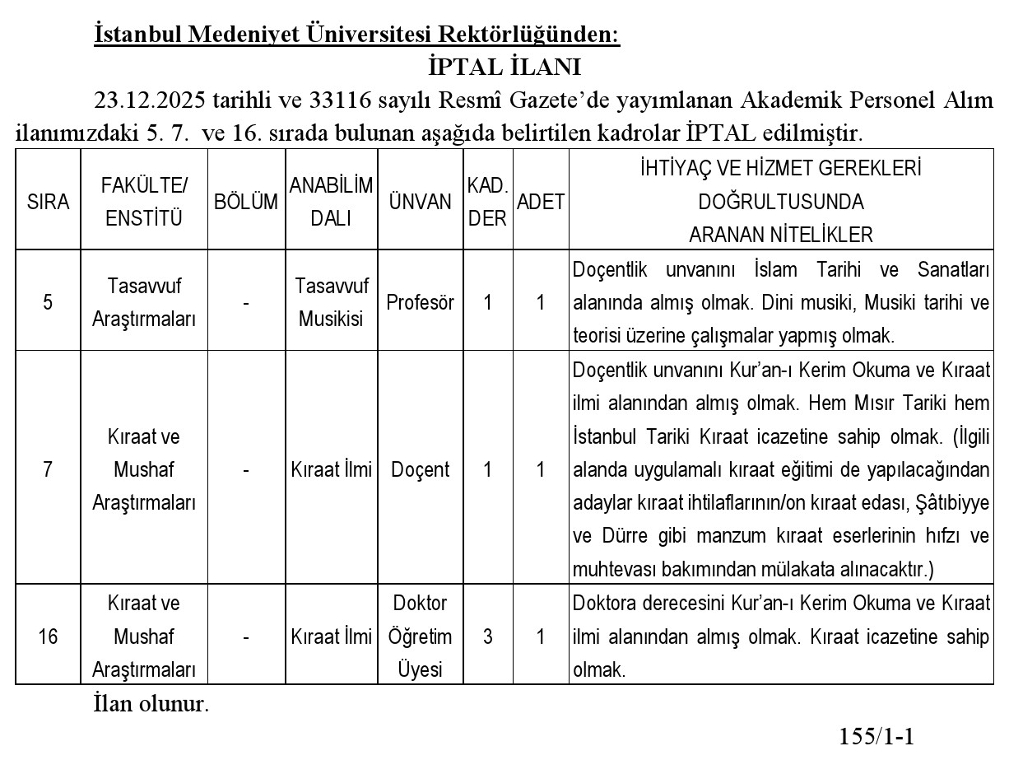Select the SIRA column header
coord(48,203)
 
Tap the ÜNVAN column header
coord(420,203)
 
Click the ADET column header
coord(540,203)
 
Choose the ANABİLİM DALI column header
coord(331,203)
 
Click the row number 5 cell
coord(48,302)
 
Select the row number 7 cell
coord(48,469)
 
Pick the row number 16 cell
coord(48,636)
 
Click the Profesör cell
coord(420,302)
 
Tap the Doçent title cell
coord(420,469)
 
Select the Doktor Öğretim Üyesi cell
coord(420,636)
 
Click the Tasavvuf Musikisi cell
coord(331,302)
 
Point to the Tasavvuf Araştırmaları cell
coord(144,302)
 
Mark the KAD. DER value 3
coord(487,636)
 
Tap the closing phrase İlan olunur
coord(151,705)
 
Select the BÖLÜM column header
coord(245,203)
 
